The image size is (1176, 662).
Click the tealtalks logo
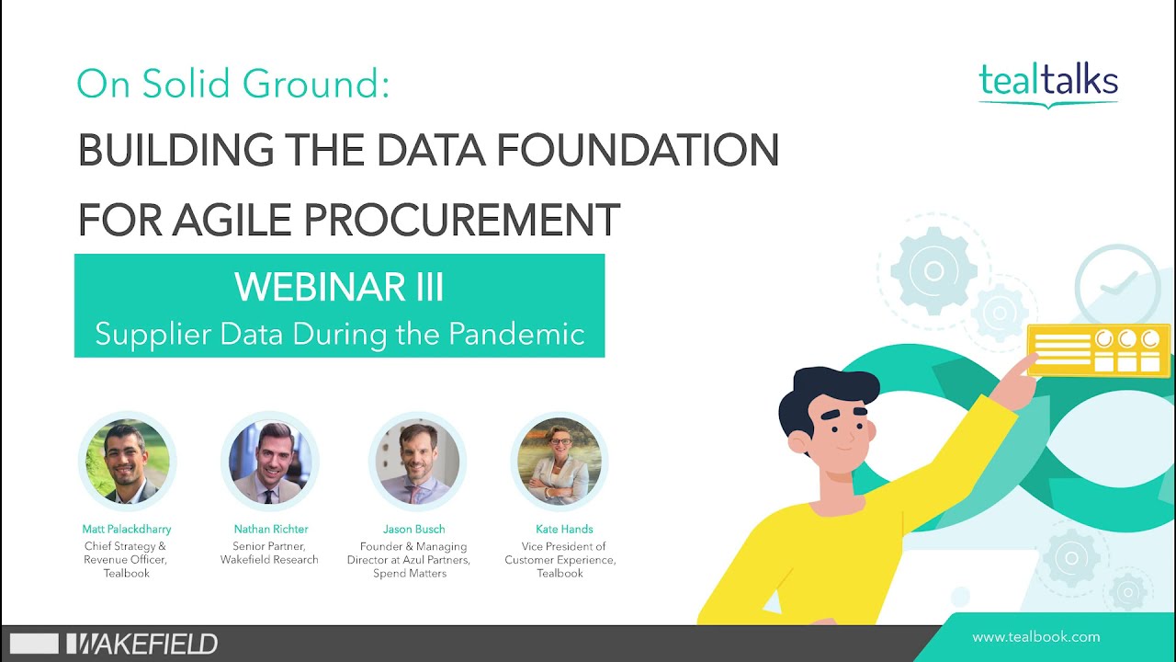(1048, 82)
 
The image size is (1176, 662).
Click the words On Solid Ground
(232, 85)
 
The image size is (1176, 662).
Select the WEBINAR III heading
(339, 287)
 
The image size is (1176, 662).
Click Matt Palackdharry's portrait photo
(127, 462)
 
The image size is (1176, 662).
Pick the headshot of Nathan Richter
(270, 462)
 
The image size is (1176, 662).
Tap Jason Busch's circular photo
(416, 462)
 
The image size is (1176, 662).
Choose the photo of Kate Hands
(560, 462)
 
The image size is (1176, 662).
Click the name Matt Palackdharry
(127, 530)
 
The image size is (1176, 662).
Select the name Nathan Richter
(270, 530)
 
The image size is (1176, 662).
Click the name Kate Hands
(564, 530)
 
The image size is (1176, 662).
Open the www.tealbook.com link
(1035, 637)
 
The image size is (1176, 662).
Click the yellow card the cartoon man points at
(1100, 350)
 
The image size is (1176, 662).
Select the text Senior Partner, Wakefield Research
(270, 553)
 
